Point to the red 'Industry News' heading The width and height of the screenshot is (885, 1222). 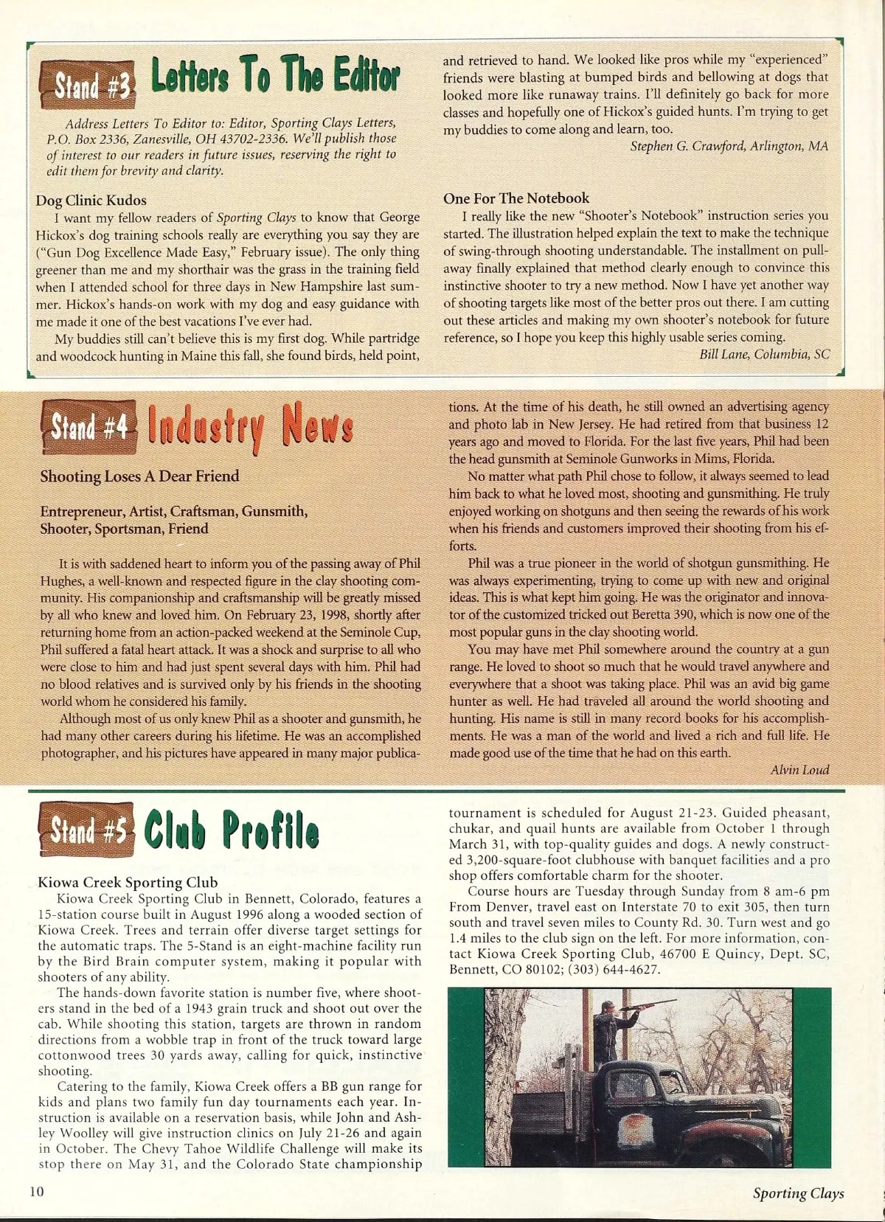point(251,426)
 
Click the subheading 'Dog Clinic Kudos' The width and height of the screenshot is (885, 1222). point(91,201)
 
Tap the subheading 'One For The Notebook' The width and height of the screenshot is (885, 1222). point(516,198)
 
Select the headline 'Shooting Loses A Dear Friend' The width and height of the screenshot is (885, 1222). point(139,476)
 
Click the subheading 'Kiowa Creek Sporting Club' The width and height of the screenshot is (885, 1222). point(128,883)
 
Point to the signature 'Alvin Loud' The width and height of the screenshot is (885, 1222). point(799,770)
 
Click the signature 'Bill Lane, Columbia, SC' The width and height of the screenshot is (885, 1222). point(764,355)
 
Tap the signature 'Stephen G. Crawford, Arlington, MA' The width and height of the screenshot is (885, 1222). point(729,146)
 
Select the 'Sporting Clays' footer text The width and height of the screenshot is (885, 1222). point(798,1193)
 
